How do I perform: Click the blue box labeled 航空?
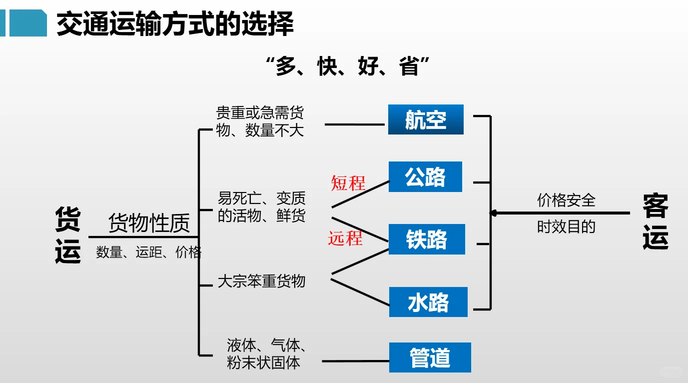(x=426, y=119)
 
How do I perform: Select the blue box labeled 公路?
(x=425, y=177)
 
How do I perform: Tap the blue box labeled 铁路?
(x=427, y=239)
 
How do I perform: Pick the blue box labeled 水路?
(x=428, y=302)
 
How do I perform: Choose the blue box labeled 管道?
(x=430, y=357)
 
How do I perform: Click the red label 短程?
(x=348, y=183)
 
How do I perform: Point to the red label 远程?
(x=345, y=238)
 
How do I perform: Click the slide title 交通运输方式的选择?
(x=175, y=23)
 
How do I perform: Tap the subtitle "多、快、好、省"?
(x=348, y=66)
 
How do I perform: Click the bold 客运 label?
(x=655, y=221)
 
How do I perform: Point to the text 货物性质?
(x=149, y=223)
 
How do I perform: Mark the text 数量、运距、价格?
(x=148, y=252)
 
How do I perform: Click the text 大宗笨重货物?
(x=261, y=281)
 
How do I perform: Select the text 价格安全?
(x=566, y=200)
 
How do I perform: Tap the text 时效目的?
(x=566, y=227)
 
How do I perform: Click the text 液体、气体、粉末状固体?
(x=266, y=353)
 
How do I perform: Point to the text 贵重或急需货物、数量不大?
(x=260, y=121)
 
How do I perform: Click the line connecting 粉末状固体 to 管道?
(x=355, y=361)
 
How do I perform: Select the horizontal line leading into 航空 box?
(x=355, y=124)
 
